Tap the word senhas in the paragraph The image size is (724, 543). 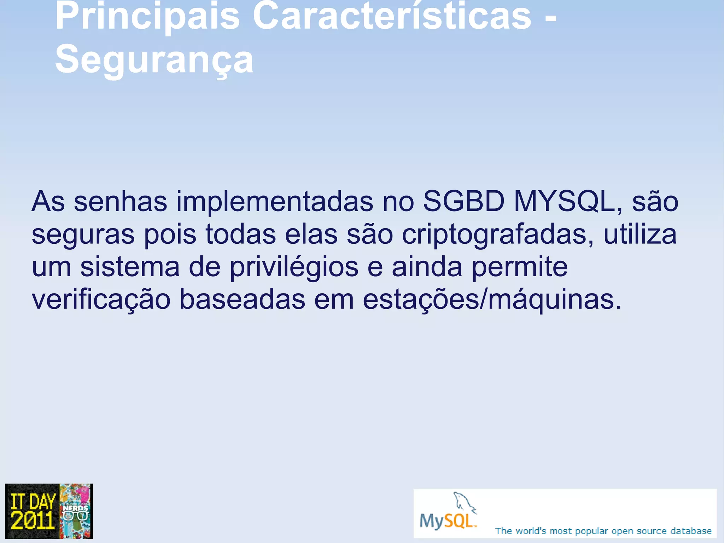point(120,201)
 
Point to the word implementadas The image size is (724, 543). point(275,201)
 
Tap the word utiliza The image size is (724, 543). point(640,234)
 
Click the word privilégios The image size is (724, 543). point(294,267)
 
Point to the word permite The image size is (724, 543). point(519,266)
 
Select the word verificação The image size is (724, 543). point(101,300)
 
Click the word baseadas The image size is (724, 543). point(242,299)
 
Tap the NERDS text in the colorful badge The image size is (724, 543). point(75,508)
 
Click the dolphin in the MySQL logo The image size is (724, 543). point(464,502)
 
